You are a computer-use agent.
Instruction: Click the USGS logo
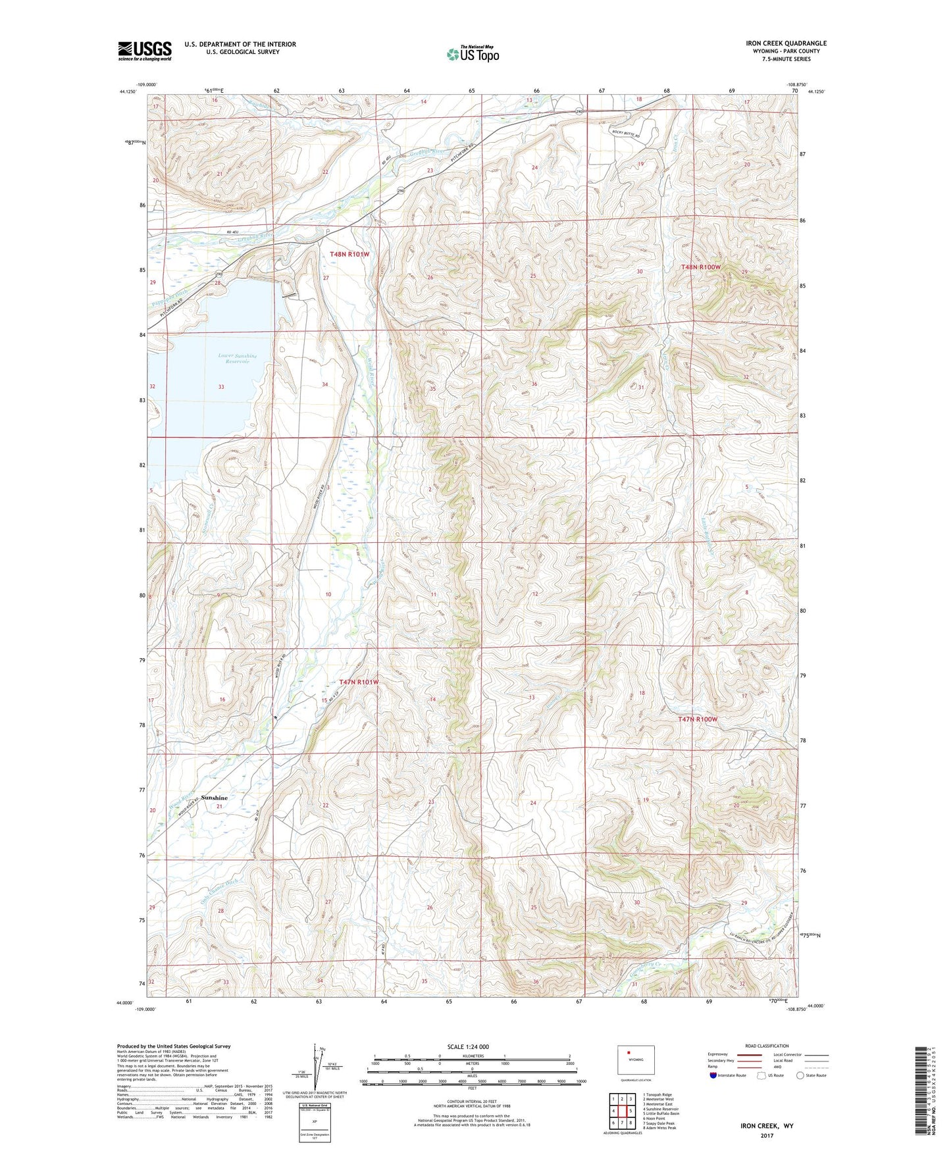tap(144, 51)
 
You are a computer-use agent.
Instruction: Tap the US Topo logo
tap(472, 54)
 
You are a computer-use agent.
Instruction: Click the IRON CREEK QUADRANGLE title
tap(786, 43)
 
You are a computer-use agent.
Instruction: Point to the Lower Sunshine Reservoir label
tap(237, 359)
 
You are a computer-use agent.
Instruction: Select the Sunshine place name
tap(215, 798)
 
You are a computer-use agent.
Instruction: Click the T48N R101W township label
tap(349, 254)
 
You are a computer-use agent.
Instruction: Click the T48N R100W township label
tap(701, 267)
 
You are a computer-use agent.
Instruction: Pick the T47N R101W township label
tap(359, 682)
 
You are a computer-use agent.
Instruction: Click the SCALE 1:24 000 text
tap(468, 1047)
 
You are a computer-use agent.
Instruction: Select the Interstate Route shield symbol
tap(714, 1075)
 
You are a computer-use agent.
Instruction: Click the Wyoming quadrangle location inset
tap(636, 1061)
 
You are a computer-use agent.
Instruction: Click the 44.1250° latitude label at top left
tap(128, 92)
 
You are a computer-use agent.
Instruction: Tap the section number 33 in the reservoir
tap(221, 387)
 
